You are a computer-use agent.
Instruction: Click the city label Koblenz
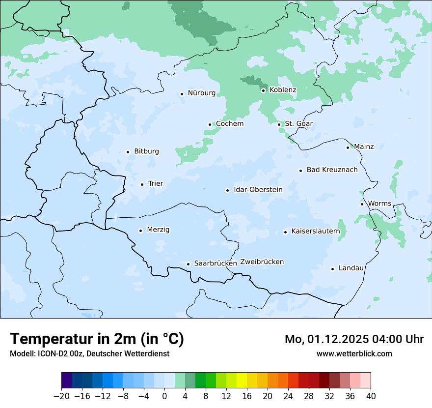(283, 90)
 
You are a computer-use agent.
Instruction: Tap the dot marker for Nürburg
(182, 93)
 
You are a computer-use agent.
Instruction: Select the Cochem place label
(230, 124)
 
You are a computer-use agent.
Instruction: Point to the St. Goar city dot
(279, 124)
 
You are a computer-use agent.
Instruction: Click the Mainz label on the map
(364, 146)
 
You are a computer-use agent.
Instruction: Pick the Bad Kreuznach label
(332, 170)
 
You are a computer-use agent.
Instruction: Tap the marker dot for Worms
(362, 204)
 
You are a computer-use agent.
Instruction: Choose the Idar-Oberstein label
(258, 190)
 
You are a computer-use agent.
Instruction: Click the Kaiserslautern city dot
(285, 232)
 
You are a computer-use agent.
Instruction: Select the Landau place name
(351, 268)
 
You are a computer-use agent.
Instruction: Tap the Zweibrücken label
(262, 262)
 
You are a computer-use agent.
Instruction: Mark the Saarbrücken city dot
(188, 264)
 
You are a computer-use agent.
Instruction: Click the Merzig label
(158, 230)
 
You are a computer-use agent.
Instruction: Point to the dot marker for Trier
(142, 184)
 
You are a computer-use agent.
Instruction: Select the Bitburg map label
(146, 151)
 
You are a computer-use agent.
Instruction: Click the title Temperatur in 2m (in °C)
(97, 339)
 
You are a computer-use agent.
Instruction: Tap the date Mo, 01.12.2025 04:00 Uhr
(354, 339)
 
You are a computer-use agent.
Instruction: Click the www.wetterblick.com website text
(354, 353)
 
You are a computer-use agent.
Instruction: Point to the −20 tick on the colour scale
(62, 396)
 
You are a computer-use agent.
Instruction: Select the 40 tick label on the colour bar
(371, 396)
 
